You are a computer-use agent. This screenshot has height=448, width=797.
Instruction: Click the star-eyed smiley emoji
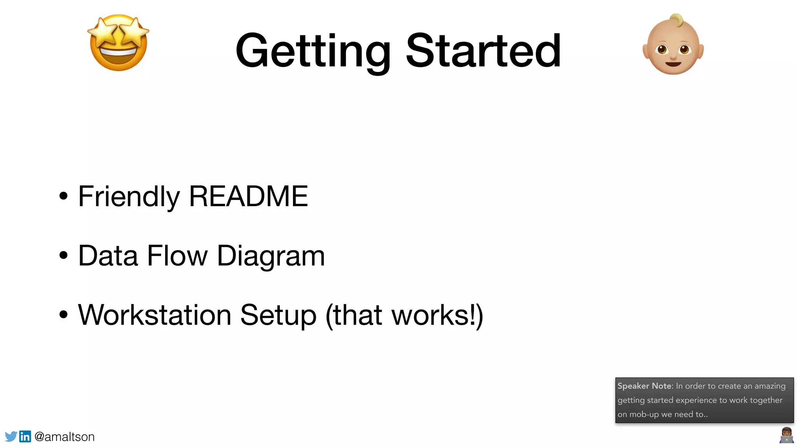pyautogui.click(x=118, y=43)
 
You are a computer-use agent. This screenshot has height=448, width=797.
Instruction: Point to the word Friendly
pyautogui.click(x=129, y=197)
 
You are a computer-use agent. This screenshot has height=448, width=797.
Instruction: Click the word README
pyautogui.click(x=248, y=196)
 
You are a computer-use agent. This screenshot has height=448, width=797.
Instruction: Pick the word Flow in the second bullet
pyautogui.click(x=177, y=256)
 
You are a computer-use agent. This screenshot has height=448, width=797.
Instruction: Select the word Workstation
pyautogui.click(x=155, y=315)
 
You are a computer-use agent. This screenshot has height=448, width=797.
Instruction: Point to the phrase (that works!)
pyautogui.click(x=404, y=315)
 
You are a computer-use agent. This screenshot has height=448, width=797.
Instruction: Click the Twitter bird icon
pyautogui.click(x=11, y=436)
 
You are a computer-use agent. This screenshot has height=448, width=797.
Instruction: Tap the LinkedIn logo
pyautogui.click(x=25, y=436)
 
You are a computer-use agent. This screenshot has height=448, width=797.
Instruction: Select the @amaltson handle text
pyautogui.click(x=65, y=437)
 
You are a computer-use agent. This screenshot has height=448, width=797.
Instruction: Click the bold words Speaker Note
pyautogui.click(x=645, y=386)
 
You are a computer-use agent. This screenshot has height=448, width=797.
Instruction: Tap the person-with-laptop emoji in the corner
pyautogui.click(x=786, y=435)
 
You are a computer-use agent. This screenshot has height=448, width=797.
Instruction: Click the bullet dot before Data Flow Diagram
pyautogui.click(x=63, y=255)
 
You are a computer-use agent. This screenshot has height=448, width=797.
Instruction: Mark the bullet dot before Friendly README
pyautogui.click(x=63, y=196)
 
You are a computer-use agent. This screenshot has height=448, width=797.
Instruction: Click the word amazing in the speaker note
pyautogui.click(x=770, y=386)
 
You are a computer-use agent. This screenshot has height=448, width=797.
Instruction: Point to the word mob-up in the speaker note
pyautogui.click(x=644, y=415)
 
